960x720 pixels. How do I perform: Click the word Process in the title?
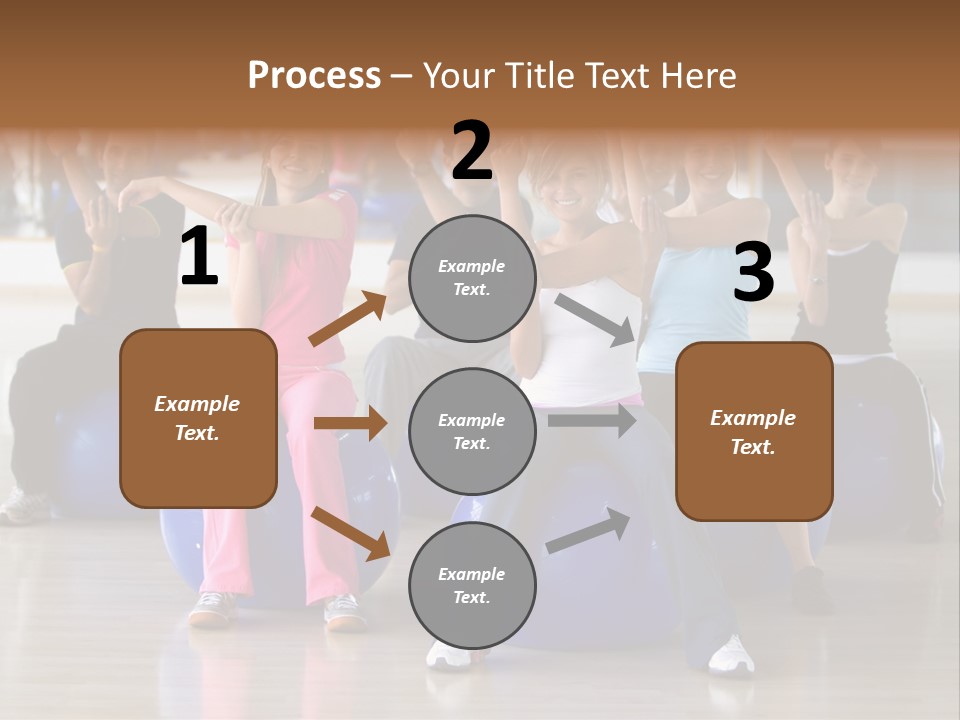click(314, 75)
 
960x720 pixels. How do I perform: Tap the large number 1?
click(199, 257)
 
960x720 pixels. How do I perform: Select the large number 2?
click(472, 151)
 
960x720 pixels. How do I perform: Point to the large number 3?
click(753, 273)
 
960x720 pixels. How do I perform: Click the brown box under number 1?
click(198, 418)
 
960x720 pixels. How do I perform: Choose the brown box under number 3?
click(754, 431)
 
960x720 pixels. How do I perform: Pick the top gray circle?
click(472, 278)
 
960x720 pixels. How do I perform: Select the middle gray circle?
click(472, 431)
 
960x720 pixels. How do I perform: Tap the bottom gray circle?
click(472, 585)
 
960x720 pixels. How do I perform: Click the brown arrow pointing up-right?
click(347, 319)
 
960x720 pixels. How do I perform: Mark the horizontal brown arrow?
click(349, 423)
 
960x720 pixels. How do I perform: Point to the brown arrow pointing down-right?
click(350, 532)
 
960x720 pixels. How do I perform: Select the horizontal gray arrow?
click(591, 420)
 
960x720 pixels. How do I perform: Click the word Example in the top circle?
click(472, 266)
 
